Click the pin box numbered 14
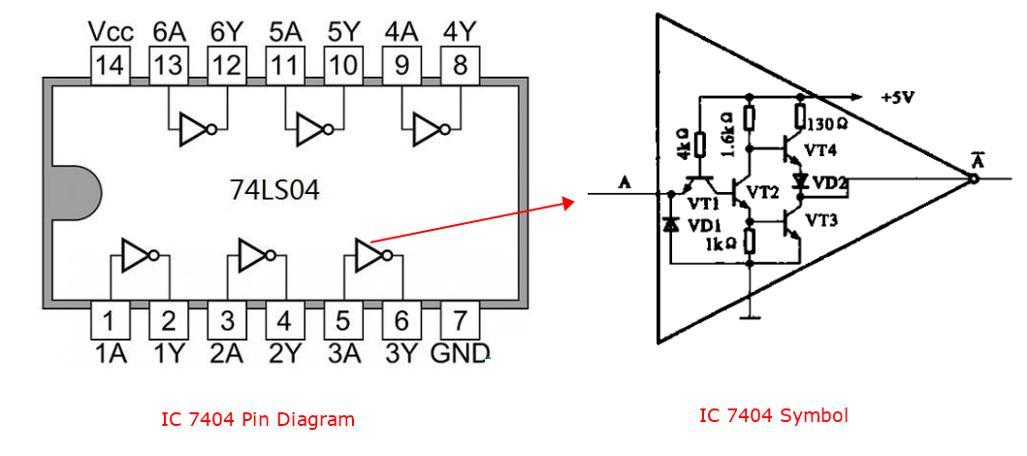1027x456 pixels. click(x=111, y=66)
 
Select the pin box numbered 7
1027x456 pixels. click(x=461, y=319)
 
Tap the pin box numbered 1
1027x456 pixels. click(x=111, y=319)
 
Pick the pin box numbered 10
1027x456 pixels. click(x=343, y=66)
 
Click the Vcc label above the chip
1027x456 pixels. click(x=111, y=32)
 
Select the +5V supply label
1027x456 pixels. click(x=896, y=98)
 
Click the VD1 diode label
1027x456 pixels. click(x=703, y=225)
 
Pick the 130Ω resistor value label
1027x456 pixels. click(x=826, y=124)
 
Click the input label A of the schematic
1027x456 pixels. click(x=625, y=181)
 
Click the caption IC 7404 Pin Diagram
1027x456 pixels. click(x=258, y=420)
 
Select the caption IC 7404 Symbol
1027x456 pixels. click(x=774, y=416)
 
